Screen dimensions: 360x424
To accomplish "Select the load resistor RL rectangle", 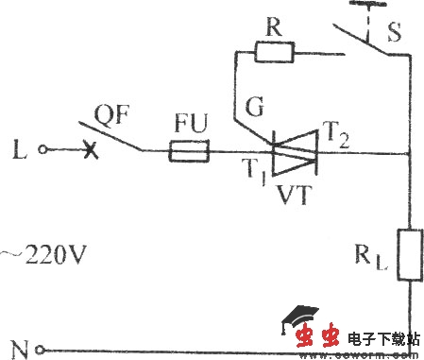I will point(411,254).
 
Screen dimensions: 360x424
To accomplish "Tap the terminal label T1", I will point(250,173).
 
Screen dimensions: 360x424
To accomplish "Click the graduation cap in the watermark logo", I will point(301,317).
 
